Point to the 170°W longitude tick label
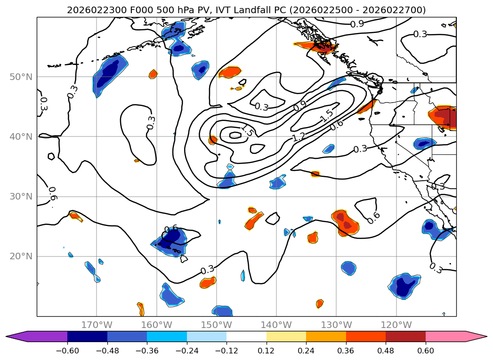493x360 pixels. tap(97, 325)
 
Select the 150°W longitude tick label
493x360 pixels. tap(217, 325)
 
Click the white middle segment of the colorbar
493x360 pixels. tap(246, 336)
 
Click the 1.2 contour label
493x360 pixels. tap(299, 137)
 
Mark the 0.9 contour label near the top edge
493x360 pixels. tap(357, 24)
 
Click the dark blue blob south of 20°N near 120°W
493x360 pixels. tap(404, 286)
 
